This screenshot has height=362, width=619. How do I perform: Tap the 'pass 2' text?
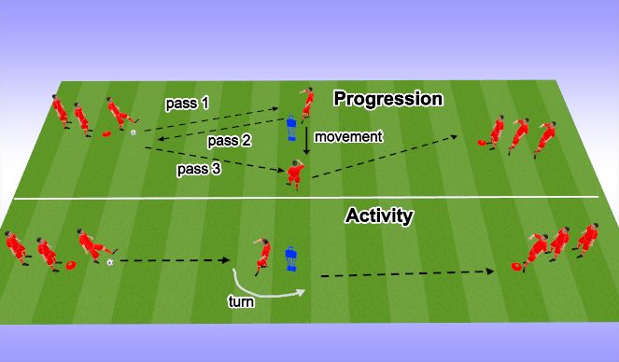point(228,141)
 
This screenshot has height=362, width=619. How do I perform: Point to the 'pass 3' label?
point(198,171)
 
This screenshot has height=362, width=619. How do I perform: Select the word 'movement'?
point(349,137)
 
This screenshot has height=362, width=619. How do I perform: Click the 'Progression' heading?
point(387,99)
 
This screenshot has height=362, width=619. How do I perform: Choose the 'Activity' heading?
point(379,216)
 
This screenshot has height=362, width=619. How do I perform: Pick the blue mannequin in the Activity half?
point(290,258)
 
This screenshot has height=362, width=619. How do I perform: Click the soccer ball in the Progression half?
point(134,133)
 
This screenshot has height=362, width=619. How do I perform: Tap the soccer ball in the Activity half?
point(110,262)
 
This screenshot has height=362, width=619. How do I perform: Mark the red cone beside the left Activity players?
point(68,266)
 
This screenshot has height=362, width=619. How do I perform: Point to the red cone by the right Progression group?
point(482,144)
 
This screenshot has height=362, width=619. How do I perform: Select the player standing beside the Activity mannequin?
point(264,253)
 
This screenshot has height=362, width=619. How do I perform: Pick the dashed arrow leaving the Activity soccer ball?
point(177,261)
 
